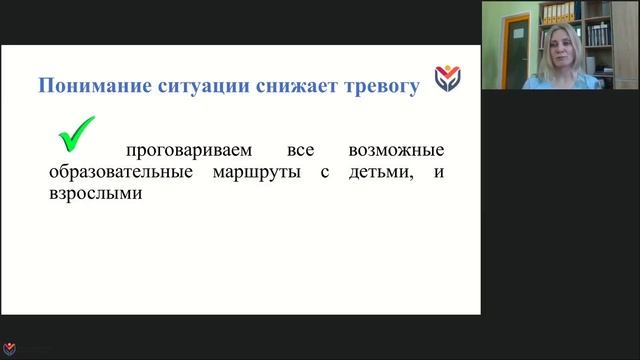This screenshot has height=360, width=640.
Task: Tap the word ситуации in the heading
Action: [190, 86]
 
